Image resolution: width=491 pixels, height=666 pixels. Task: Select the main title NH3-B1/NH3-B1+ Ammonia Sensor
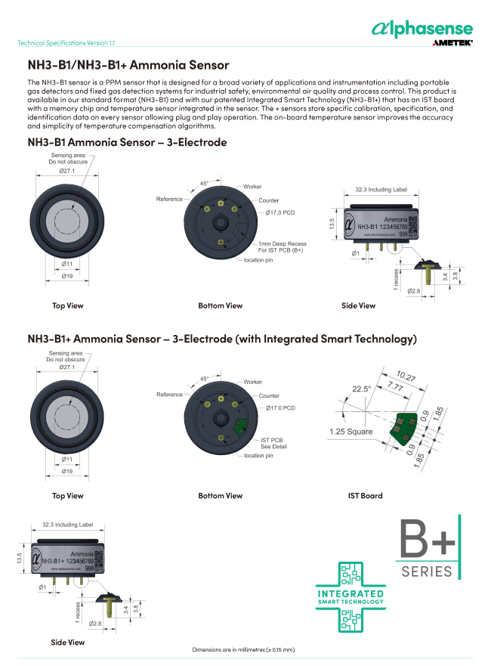[x=128, y=66]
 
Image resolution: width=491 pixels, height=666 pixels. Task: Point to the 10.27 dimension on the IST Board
[x=406, y=376]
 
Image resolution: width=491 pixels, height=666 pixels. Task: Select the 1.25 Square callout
[x=352, y=432]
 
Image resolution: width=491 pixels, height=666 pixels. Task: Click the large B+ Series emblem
[x=428, y=548]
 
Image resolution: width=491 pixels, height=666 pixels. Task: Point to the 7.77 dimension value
[x=394, y=386]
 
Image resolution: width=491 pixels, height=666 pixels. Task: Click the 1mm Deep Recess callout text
[x=283, y=247]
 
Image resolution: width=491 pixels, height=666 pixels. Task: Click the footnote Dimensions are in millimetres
[x=244, y=650]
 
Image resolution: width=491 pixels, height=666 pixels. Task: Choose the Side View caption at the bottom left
[x=68, y=642]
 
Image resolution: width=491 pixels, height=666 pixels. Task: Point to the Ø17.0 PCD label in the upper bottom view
[x=279, y=212]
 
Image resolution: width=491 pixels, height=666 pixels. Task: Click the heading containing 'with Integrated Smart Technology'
[x=222, y=339]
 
